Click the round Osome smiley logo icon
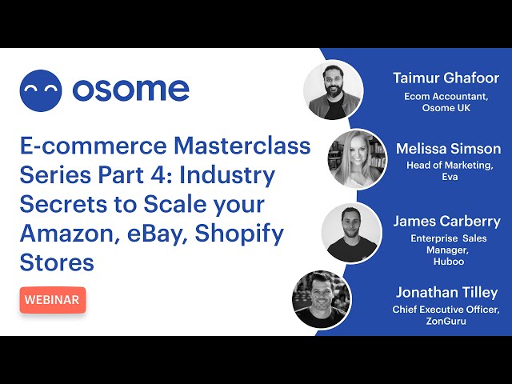41,90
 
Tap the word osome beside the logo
130,90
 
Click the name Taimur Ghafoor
446,78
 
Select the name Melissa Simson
448,149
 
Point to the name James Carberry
446,222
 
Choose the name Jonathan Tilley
446,292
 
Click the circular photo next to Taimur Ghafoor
334,90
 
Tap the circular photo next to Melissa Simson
358,160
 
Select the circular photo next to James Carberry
352,233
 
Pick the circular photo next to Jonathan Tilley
322,299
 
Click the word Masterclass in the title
242,146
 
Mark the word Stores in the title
57,262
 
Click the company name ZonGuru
446,321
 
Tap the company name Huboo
449,262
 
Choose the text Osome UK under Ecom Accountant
446,108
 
